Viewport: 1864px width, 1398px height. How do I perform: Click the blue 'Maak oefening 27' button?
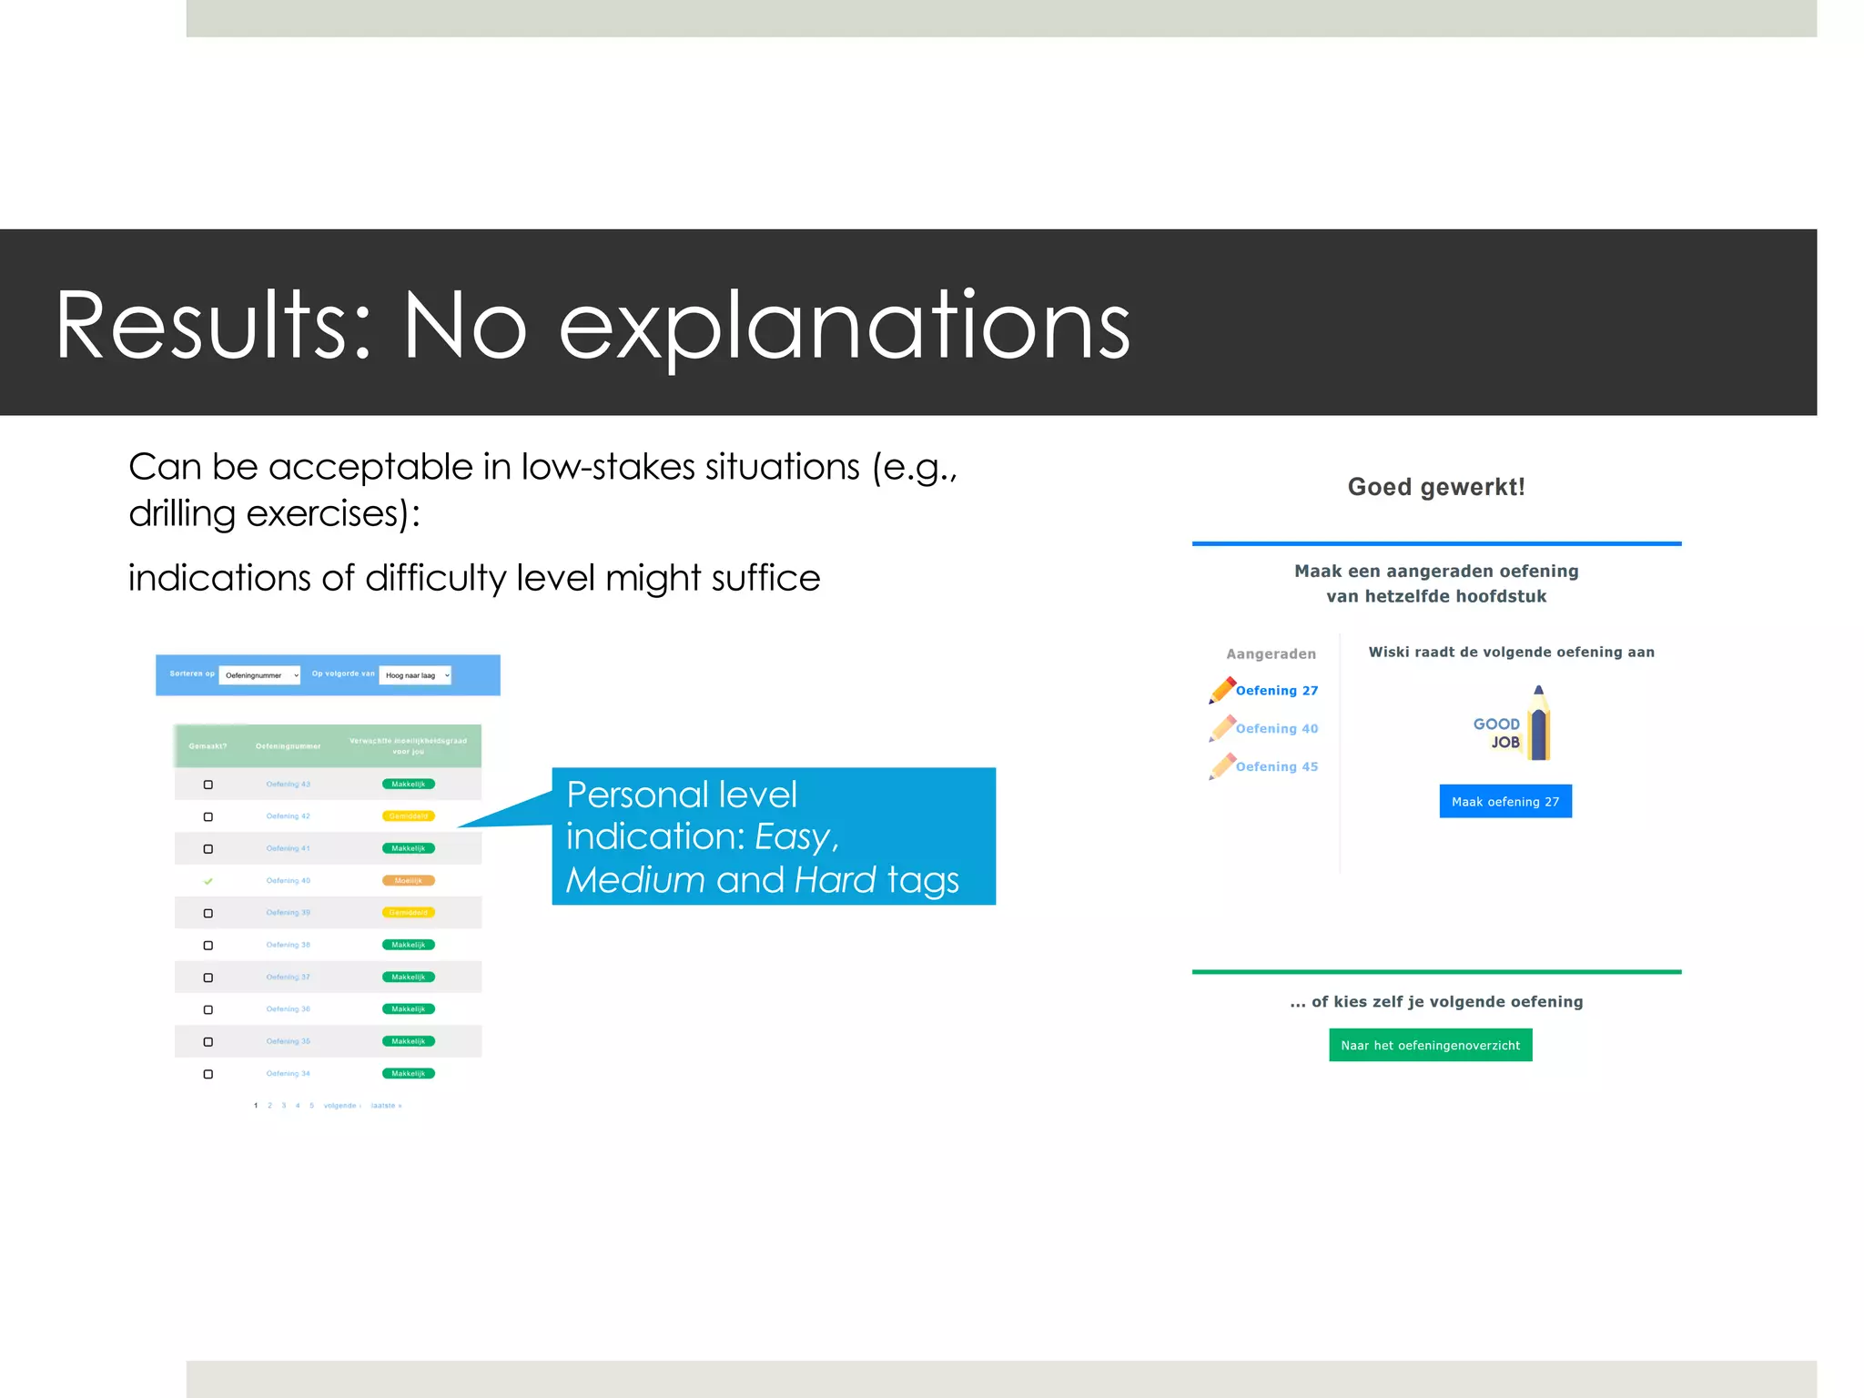tap(1504, 801)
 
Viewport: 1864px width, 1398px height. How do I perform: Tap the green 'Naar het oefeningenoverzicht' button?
tap(1430, 1045)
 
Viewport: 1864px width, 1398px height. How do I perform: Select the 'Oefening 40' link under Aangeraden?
tap(1276, 728)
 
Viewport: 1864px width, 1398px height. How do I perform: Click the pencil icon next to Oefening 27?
tap(1221, 690)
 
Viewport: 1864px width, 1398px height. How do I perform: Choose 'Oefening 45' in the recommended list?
tap(1276, 766)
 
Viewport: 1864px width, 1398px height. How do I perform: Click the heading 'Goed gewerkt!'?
tap(1435, 487)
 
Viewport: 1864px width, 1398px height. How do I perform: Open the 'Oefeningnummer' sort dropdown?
tap(260, 675)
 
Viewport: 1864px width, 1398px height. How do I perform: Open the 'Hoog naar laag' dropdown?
tap(416, 675)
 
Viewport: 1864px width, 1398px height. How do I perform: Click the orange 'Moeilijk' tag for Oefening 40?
tap(408, 880)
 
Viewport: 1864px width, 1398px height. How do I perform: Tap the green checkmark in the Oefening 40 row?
tap(208, 881)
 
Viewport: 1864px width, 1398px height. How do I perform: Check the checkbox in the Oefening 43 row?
tap(208, 785)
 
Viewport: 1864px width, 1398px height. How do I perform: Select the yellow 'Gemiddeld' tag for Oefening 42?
tap(408, 816)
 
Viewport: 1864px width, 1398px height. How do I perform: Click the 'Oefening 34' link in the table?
tap(288, 1074)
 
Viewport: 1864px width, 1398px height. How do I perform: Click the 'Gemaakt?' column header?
tap(208, 746)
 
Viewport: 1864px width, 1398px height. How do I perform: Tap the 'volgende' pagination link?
tap(340, 1106)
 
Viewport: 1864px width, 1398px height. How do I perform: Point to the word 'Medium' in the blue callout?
tap(635, 880)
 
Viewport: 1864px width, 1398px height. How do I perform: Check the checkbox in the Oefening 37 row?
tap(208, 978)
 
